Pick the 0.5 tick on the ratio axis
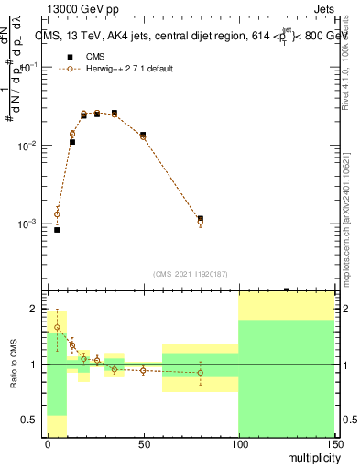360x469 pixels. [35, 420]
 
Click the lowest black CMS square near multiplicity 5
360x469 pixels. [57, 230]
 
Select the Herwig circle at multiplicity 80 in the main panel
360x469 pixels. [201, 222]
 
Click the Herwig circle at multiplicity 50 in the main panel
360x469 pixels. [143, 136]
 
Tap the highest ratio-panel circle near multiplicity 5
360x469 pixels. [57, 327]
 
